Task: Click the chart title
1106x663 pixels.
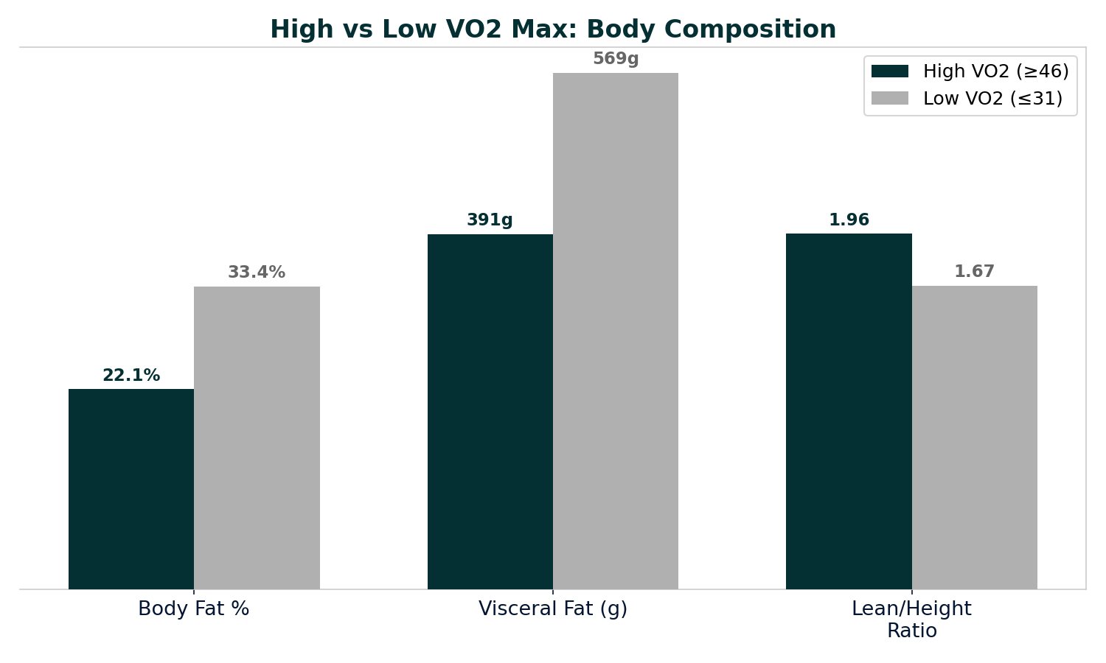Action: coord(553,30)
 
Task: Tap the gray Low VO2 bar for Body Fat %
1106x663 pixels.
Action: coord(257,438)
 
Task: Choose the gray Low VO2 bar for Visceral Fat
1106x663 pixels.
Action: coord(616,331)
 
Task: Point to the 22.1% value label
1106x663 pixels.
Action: coord(131,376)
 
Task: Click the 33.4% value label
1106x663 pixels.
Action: coord(257,273)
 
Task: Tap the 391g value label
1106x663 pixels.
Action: coord(490,220)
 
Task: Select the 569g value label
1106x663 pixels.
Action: coord(616,59)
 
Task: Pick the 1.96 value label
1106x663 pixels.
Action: coord(849,220)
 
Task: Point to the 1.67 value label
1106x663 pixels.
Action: coord(974,272)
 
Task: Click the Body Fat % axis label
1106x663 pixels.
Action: coord(194,609)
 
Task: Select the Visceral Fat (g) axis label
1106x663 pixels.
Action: coord(553,609)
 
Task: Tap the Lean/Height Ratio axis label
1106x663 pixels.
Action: coord(911,620)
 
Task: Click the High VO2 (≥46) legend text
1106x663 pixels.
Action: coord(995,71)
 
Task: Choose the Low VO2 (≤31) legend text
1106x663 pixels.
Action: coord(992,99)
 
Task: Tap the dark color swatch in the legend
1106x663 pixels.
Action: coord(890,71)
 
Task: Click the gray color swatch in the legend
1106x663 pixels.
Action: coord(890,99)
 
